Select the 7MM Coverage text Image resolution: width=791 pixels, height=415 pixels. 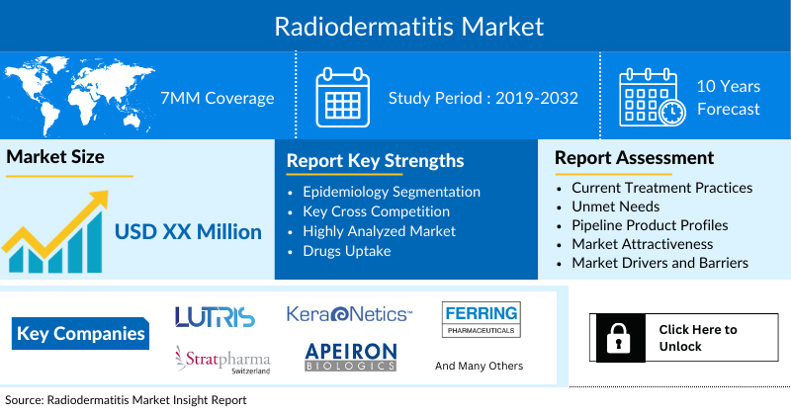217,98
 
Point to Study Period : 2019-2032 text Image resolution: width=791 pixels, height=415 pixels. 483,98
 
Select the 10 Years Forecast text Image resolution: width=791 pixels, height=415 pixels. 728,98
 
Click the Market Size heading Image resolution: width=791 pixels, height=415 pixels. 55,157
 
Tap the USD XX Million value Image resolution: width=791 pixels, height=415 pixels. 188,232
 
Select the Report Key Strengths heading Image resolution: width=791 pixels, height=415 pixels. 375,160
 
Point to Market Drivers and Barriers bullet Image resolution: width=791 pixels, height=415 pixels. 659,263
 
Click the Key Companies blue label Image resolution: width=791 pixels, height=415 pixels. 81,333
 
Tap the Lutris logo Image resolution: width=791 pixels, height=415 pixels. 215,316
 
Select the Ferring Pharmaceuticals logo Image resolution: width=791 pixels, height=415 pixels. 480,318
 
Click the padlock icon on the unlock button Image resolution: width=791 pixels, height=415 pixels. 619,338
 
